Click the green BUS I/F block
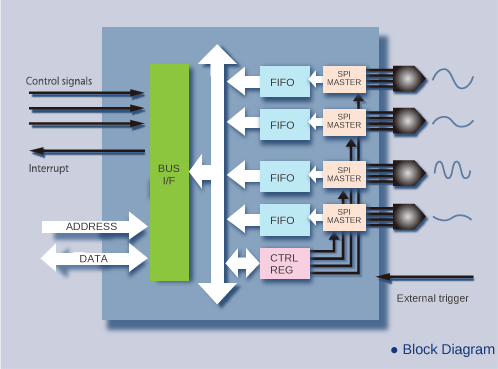point(169,172)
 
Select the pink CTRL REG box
point(285,263)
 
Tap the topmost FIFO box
point(285,82)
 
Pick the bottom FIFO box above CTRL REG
point(285,220)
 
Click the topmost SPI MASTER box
point(344,79)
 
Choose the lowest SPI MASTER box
point(344,217)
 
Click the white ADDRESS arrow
point(95,226)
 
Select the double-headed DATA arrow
point(94,258)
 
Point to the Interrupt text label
point(49,168)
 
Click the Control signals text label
point(59,81)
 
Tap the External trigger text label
point(432,298)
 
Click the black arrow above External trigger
point(425,277)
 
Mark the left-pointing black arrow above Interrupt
point(87,151)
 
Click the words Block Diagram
point(449,349)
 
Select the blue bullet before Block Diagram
point(394,350)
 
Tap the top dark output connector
point(409,79)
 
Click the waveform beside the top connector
point(453,79)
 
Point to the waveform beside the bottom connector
point(452,218)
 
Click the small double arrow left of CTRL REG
point(242,263)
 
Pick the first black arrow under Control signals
point(87,93)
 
